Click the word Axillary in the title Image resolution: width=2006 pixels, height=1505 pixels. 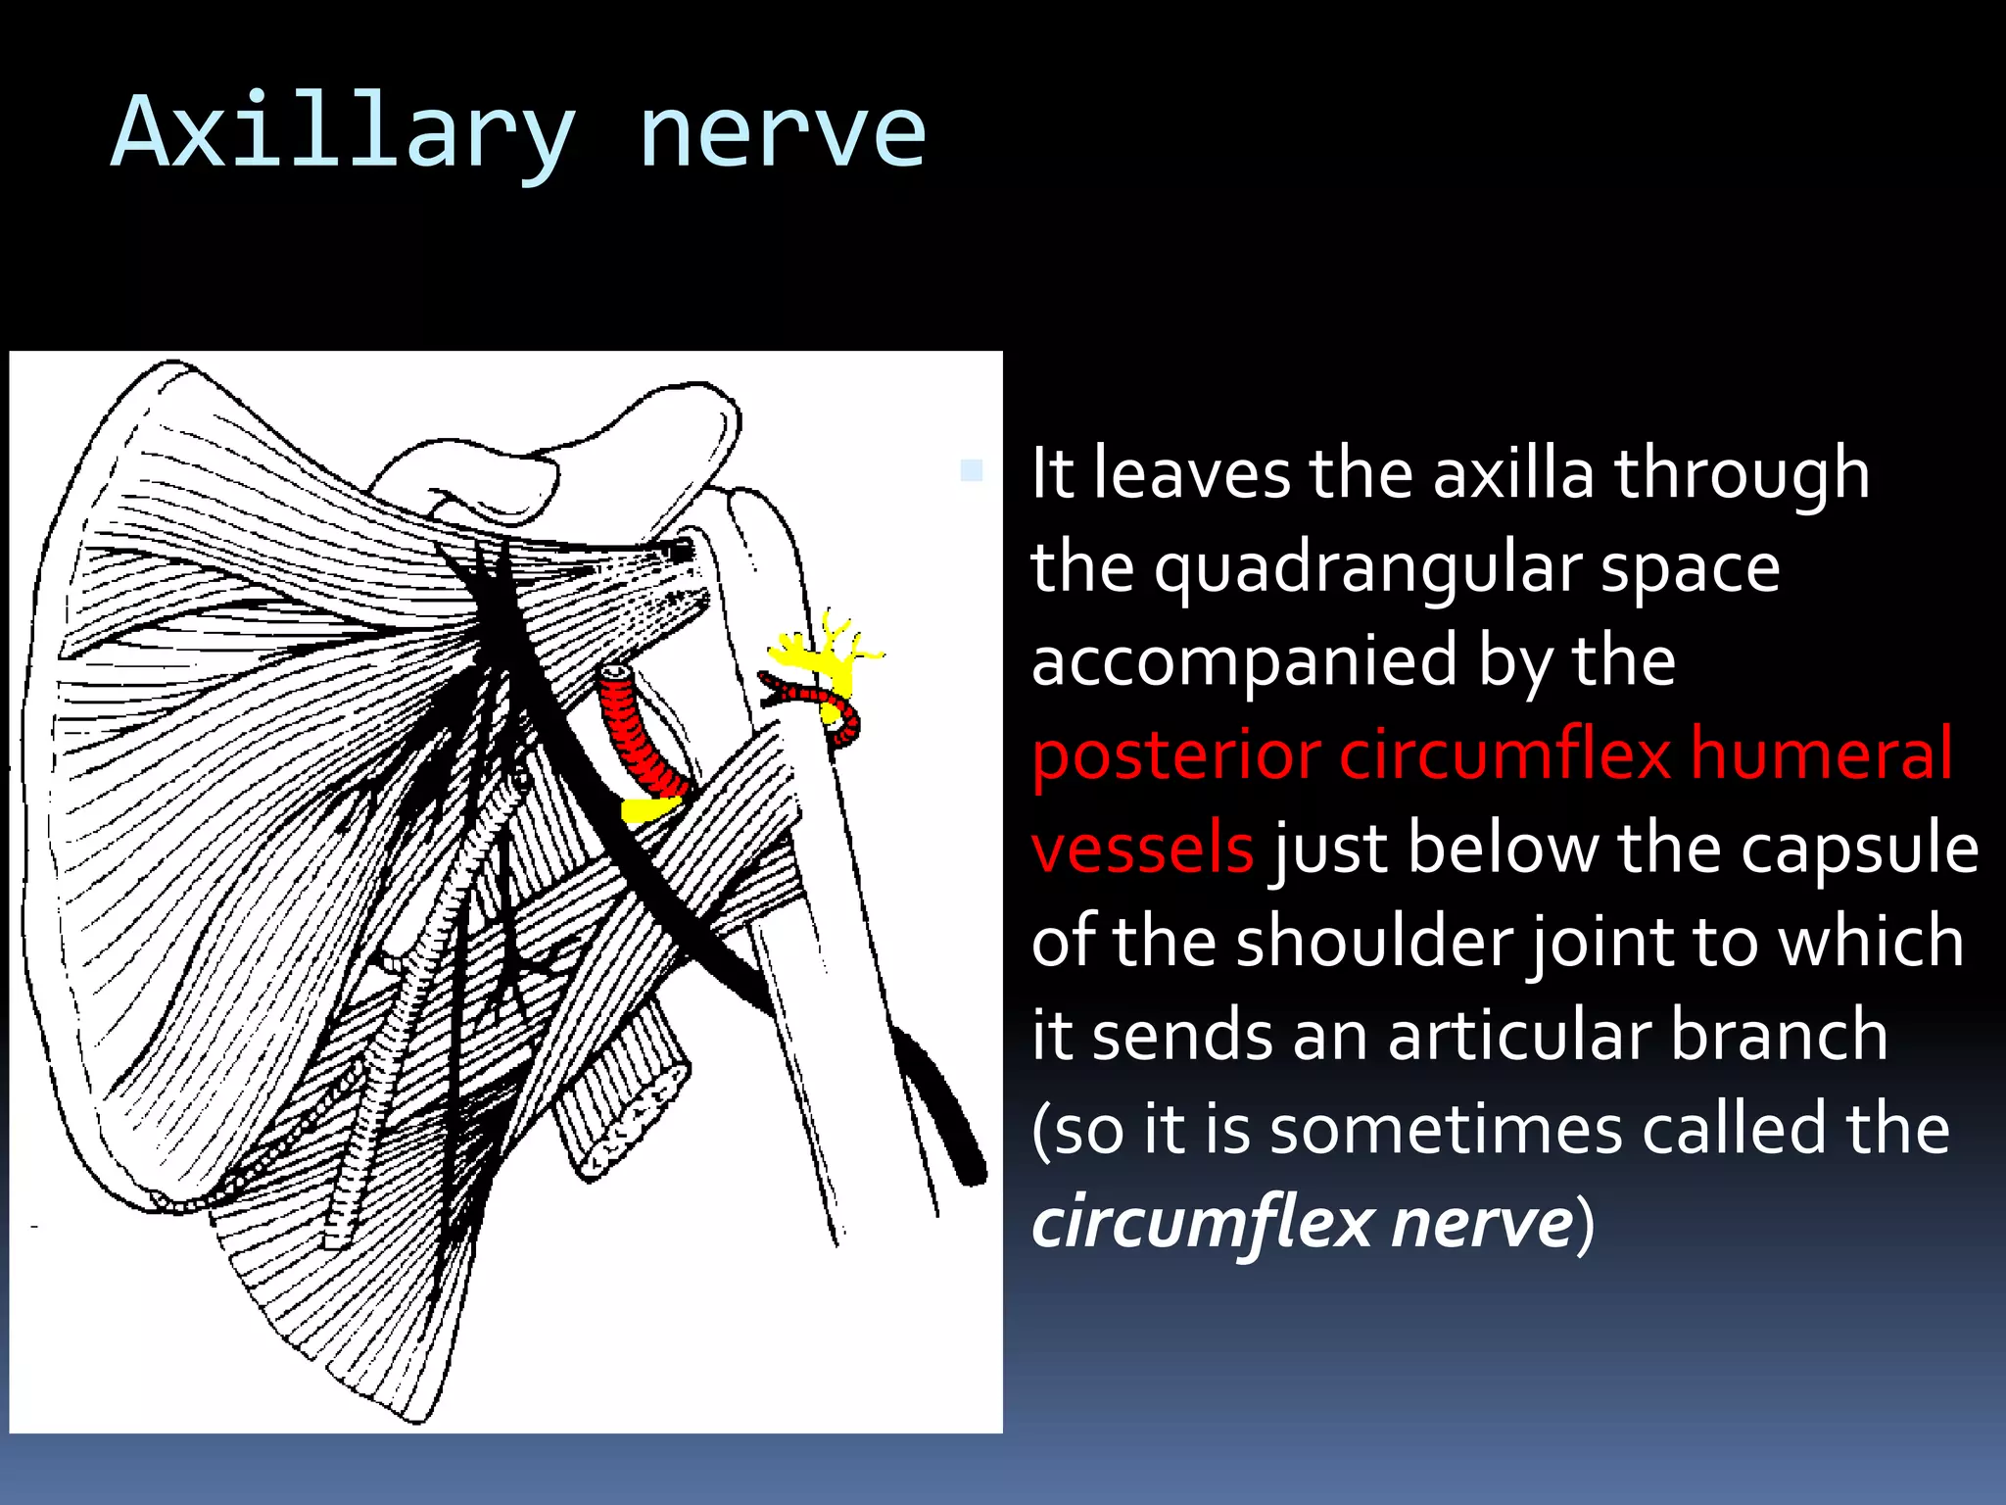coord(343,132)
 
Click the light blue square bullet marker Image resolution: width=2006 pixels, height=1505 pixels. coord(971,470)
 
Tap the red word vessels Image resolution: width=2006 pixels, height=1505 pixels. coord(1142,848)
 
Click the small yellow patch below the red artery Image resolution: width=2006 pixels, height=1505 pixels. coord(650,810)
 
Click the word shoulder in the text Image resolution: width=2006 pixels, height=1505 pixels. coord(1374,941)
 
